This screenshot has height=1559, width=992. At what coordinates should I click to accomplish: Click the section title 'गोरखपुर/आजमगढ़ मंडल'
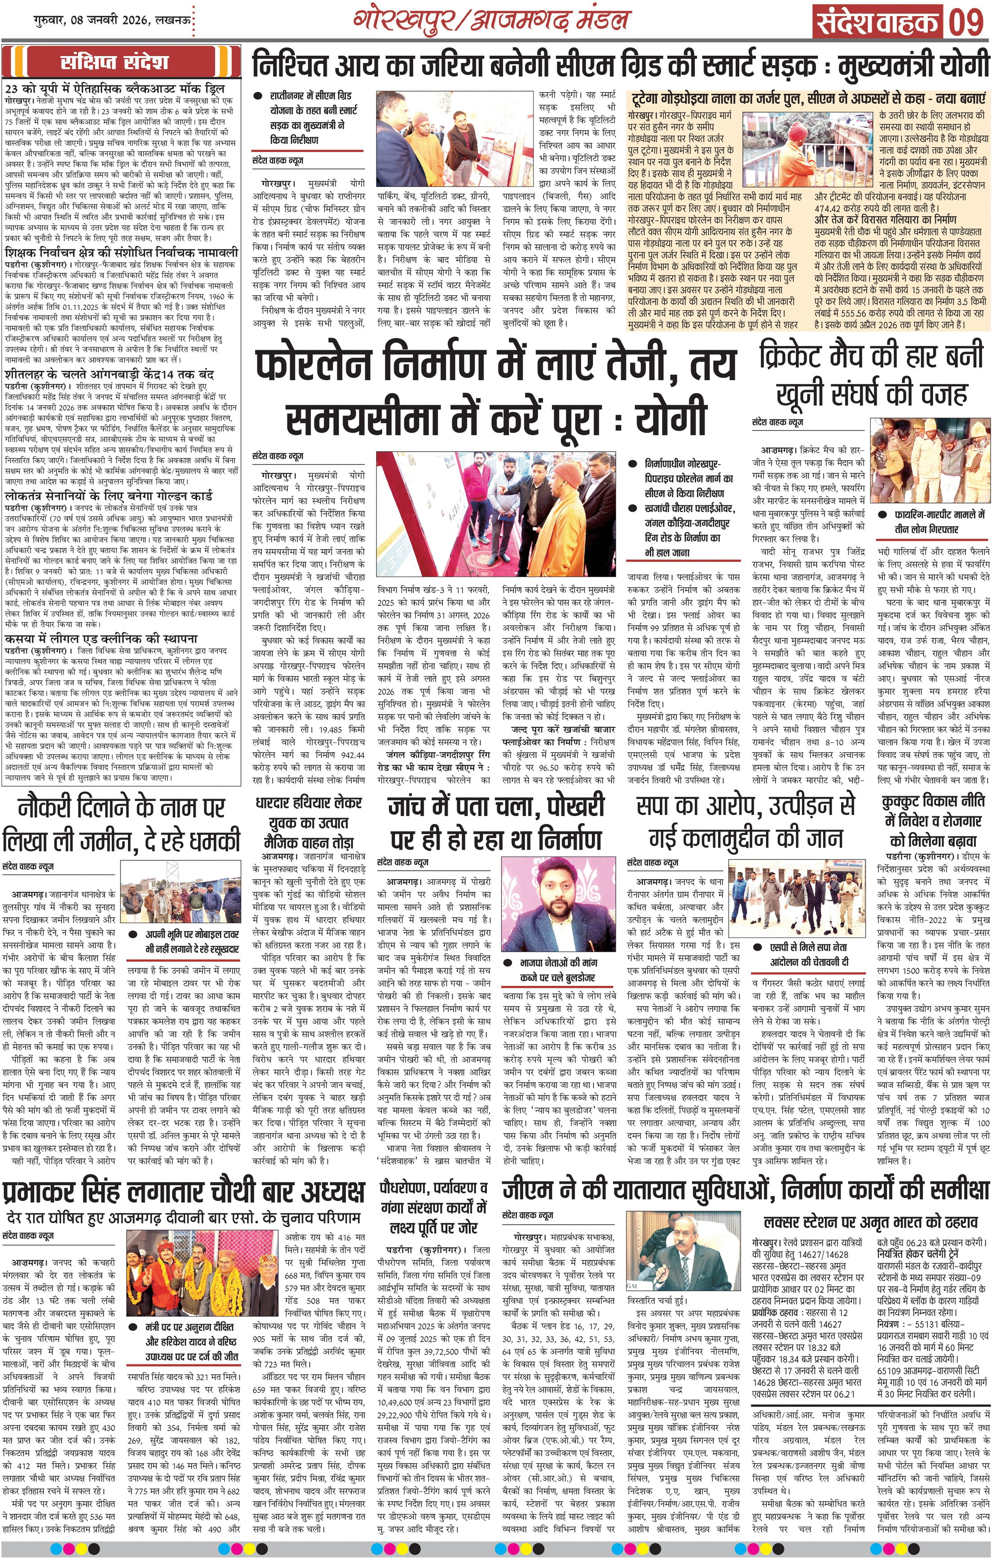(x=490, y=19)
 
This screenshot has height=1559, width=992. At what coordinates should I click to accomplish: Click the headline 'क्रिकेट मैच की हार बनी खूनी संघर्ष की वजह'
(x=872, y=375)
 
